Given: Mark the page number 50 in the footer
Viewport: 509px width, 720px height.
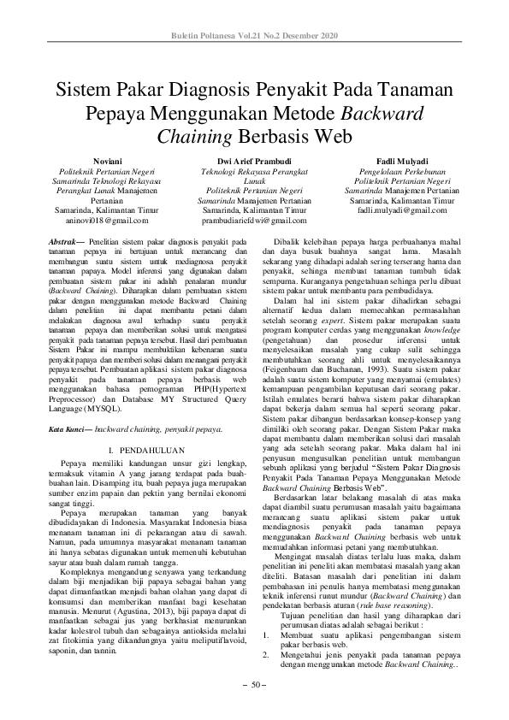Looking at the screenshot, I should [x=255, y=686].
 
